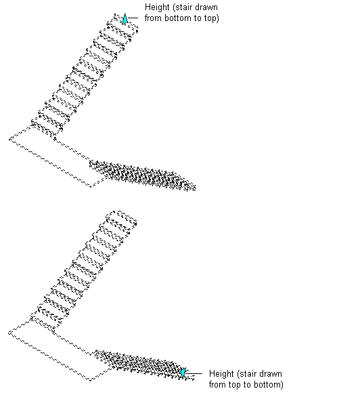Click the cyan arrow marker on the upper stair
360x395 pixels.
tap(125, 19)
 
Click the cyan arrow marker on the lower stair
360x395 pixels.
tap(183, 373)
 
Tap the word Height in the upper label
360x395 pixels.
tap(157, 7)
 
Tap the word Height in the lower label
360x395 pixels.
tap(221, 374)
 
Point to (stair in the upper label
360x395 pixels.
tap(182, 7)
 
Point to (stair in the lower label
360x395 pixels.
tap(246, 374)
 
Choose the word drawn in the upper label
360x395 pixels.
tap(206, 7)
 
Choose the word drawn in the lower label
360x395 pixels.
tap(270, 374)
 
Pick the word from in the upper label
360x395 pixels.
tap(153, 18)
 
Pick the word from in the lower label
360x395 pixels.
tap(217, 385)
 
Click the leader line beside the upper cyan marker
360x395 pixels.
tap(133, 18)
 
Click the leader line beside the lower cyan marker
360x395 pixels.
tap(194, 373)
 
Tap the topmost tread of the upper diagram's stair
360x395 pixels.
tap(126, 23)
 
